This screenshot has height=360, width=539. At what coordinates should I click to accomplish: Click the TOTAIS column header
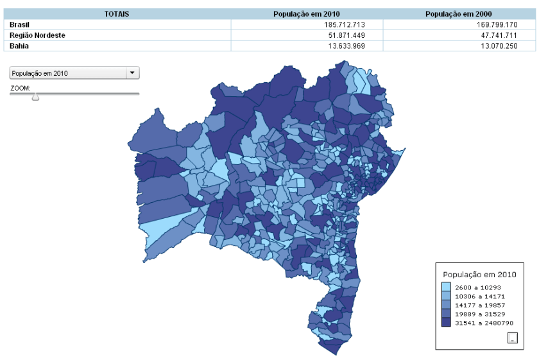point(117,13)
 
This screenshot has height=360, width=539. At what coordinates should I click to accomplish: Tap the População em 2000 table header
point(461,13)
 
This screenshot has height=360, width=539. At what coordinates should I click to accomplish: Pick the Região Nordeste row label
point(37,35)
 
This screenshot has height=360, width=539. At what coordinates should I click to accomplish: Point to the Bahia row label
point(19,46)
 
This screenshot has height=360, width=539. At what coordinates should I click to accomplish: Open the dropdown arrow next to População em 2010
point(133,73)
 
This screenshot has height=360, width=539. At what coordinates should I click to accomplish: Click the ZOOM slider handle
point(35,96)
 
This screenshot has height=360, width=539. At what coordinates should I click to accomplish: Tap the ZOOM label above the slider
point(21,87)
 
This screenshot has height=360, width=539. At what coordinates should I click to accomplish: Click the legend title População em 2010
point(479,275)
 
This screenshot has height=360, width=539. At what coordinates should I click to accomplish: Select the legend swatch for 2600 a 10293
point(446,287)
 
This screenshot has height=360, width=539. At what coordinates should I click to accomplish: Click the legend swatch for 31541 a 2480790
point(446,323)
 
